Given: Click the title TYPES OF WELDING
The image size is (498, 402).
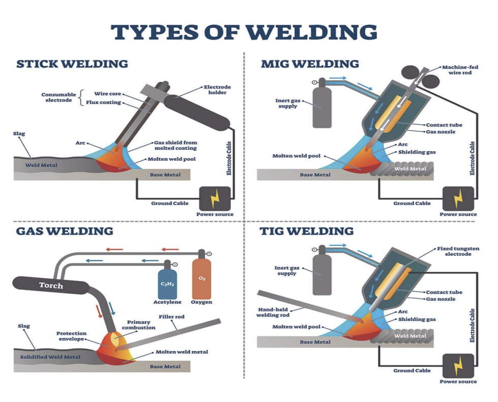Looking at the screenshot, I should point(244,32).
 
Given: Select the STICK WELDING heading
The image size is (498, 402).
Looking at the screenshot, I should point(72,64).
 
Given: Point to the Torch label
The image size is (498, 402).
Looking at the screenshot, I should point(51,285).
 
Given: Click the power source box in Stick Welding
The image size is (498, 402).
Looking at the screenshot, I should point(215,198).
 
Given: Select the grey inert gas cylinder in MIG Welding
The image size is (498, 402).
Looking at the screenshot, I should point(322,106).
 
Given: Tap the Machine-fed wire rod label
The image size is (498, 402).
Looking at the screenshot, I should point(460,70).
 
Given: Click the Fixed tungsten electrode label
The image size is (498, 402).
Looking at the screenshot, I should point(458,251).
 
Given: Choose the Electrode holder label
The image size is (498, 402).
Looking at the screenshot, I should point(217,90).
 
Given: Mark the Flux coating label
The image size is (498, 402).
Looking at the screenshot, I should point(103,102).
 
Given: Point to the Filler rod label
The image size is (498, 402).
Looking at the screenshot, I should point(171,317).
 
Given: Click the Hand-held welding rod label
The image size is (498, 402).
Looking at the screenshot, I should point(273,312).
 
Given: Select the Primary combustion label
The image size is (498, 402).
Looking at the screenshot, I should point(138,324).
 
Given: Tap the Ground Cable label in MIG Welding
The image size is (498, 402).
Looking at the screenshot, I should point(412,203).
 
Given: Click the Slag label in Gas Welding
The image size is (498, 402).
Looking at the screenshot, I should point(24,326).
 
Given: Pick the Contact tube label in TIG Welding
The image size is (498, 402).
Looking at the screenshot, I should point(444,292).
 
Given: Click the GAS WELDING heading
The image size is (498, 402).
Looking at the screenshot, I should point(64,231).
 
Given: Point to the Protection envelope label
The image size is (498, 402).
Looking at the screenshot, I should point(71,336).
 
